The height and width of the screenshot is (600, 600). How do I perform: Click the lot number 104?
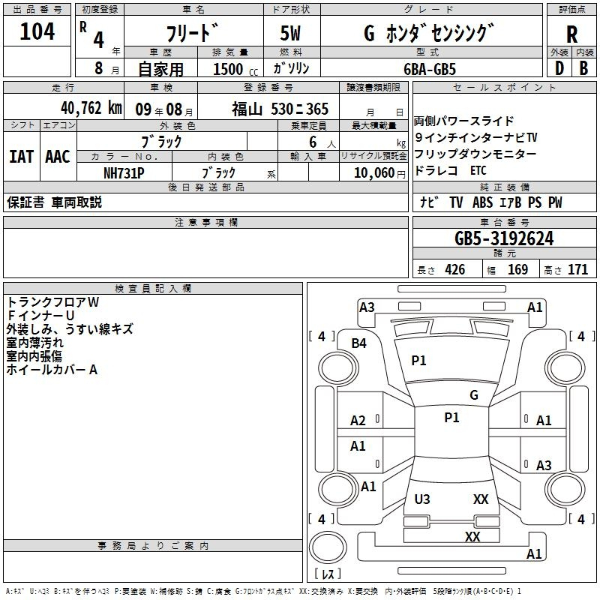tap(37, 32)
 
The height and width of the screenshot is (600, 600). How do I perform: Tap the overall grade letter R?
tap(571, 34)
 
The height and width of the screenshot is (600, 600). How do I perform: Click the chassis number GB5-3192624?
tap(504, 239)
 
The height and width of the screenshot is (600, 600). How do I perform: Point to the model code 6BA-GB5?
tap(429, 68)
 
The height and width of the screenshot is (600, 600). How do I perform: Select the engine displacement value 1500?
tap(228, 69)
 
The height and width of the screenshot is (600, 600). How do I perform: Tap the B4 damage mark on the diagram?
tap(359, 343)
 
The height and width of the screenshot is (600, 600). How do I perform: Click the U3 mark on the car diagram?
tap(422, 499)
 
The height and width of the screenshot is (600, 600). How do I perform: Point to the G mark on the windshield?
tap(474, 395)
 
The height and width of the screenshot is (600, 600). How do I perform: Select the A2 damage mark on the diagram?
tap(358, 421)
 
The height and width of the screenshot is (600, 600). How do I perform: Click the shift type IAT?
tap(21, 157)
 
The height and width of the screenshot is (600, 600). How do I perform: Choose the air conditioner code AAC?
tap(57, 157)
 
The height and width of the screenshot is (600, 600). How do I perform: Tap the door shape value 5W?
tap(291, 34)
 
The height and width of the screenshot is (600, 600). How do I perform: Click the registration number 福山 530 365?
tap(280, 109)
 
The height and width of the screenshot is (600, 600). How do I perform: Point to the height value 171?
tap(577, 270)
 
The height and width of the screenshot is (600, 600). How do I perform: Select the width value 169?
tap(518, 270)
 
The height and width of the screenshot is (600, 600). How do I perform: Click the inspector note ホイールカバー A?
tap(52, 370)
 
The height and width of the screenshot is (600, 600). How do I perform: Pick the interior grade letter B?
tap(583, 68)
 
